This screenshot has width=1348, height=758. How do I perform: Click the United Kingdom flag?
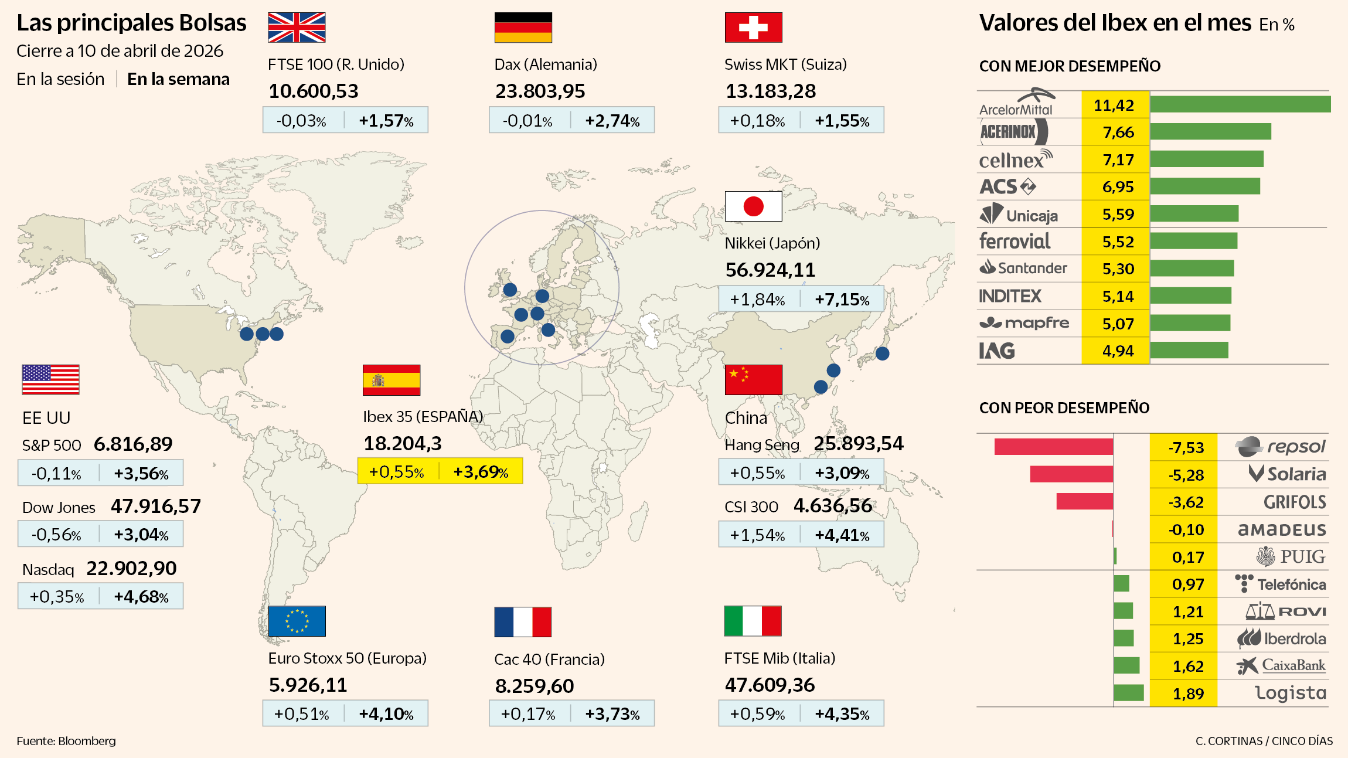297,28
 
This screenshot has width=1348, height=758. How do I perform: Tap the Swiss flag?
753,28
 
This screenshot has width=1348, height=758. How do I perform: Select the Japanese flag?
753,206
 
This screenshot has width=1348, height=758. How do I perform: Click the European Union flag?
297,621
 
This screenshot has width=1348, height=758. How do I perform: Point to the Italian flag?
753,621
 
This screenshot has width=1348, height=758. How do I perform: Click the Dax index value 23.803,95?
540,91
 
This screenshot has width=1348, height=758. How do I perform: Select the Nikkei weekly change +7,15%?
842,300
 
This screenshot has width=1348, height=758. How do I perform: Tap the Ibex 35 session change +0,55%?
396,472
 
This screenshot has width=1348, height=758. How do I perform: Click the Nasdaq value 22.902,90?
131,569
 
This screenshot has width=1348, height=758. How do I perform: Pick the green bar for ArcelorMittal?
1240,104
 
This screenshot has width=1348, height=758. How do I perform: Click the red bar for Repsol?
1053,447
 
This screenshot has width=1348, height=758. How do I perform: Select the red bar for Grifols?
1084,502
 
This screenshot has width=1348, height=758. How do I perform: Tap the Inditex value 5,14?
1118,297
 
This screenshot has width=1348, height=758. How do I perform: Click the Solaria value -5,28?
1186,475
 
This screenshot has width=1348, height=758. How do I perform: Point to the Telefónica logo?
1280,584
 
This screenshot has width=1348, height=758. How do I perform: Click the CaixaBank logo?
1281,665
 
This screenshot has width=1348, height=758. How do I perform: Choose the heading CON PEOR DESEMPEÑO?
1064,408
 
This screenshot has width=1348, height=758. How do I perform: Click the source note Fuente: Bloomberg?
66,741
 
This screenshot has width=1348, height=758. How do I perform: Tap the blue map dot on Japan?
882,353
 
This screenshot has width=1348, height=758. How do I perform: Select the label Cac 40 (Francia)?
549,660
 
